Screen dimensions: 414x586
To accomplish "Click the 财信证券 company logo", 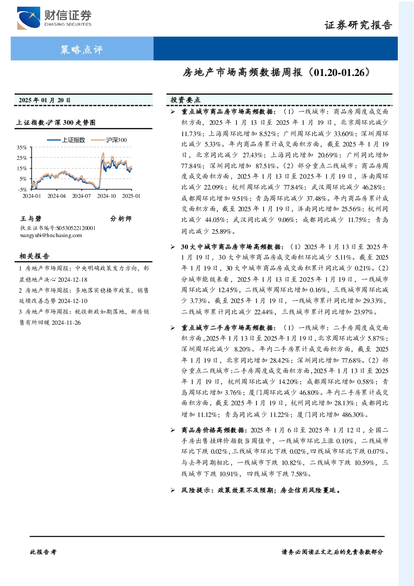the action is coord(54,18).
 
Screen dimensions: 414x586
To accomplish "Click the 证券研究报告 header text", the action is coord(358,25).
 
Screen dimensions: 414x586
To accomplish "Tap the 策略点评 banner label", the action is coord(82,49).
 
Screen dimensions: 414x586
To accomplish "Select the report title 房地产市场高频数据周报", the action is coord(242,73).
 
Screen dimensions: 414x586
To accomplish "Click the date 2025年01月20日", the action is coord(45,100).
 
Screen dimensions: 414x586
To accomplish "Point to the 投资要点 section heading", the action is coord(185,100).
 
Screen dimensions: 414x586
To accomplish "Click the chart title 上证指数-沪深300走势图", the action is coord(56,122).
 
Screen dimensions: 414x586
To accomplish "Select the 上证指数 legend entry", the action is coord(66,140).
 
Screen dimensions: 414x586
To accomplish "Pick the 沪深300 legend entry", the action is coord(109,140).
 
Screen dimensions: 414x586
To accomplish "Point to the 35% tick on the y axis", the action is coord(22,148).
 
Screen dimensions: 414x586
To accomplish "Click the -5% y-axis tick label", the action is coord(23,189).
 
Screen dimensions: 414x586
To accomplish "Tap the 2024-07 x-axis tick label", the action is coord(81,196).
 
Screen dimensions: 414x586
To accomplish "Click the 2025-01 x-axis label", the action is coord(131,196).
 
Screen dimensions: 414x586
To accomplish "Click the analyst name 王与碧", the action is coord(31,218).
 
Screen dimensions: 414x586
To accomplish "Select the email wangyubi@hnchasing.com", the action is coord(51,235).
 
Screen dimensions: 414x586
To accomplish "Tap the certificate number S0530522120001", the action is coord(76,228).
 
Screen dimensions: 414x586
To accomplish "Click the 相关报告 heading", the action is coord(34,256).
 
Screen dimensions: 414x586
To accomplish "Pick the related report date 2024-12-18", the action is coord(73,280).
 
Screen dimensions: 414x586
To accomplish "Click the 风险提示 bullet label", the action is coord(196,490).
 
